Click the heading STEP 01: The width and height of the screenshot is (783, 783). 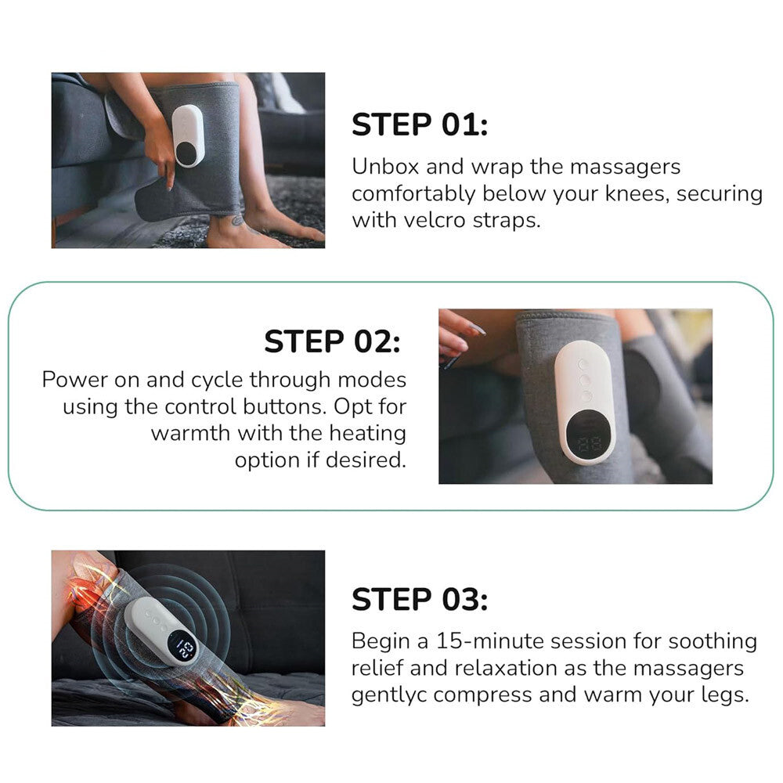tap(419, 125)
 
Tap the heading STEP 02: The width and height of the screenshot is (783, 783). tap(332, 341)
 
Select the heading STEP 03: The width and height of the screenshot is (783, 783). tap(419, 601)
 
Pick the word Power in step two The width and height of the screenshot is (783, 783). tap(77, 380)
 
